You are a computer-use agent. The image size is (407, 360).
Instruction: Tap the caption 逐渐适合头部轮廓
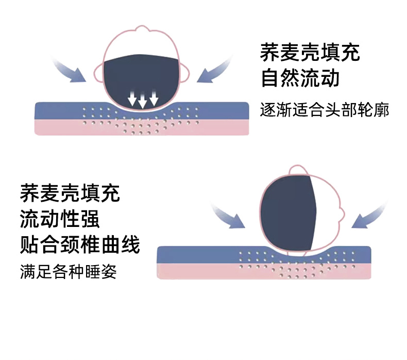pos(324,110)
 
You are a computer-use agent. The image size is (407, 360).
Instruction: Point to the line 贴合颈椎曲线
pos(80,244)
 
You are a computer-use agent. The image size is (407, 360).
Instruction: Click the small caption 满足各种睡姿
pos(68,271)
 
